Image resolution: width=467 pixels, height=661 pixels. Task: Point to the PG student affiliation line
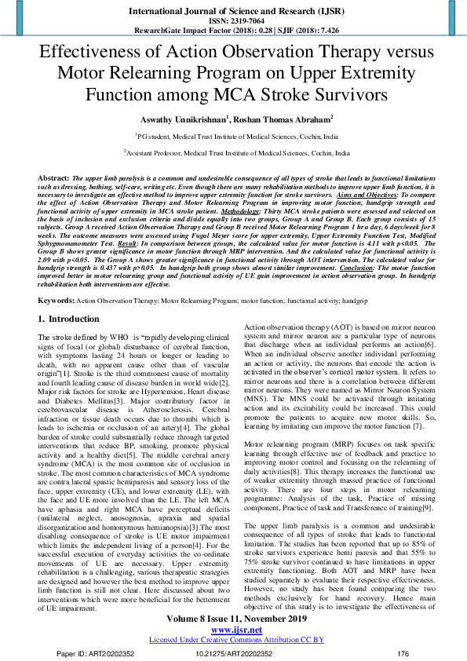(x=233, y=136)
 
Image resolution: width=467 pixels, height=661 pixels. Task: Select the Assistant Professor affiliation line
(x=233, y=155)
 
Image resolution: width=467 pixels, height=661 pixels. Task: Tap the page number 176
(x=403, y=653)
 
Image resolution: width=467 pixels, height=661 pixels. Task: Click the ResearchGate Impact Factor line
(x=233, y=29)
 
